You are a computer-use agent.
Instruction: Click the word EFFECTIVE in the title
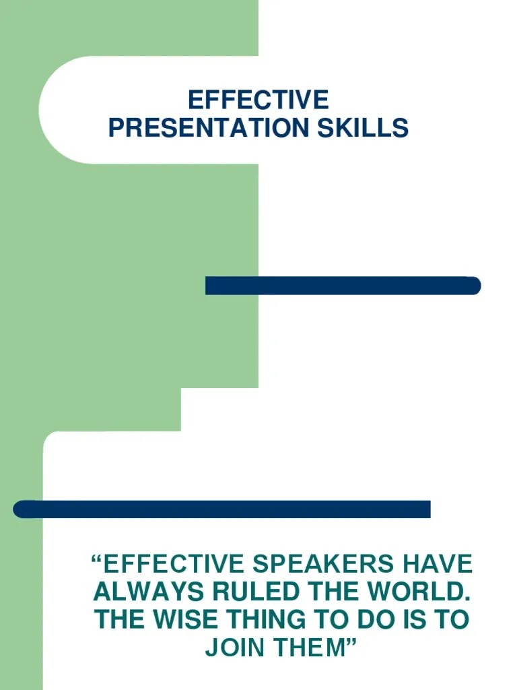(258, 100)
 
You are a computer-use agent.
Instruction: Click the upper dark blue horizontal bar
(343, 286)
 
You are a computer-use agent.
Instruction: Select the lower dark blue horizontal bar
(221, 509)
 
